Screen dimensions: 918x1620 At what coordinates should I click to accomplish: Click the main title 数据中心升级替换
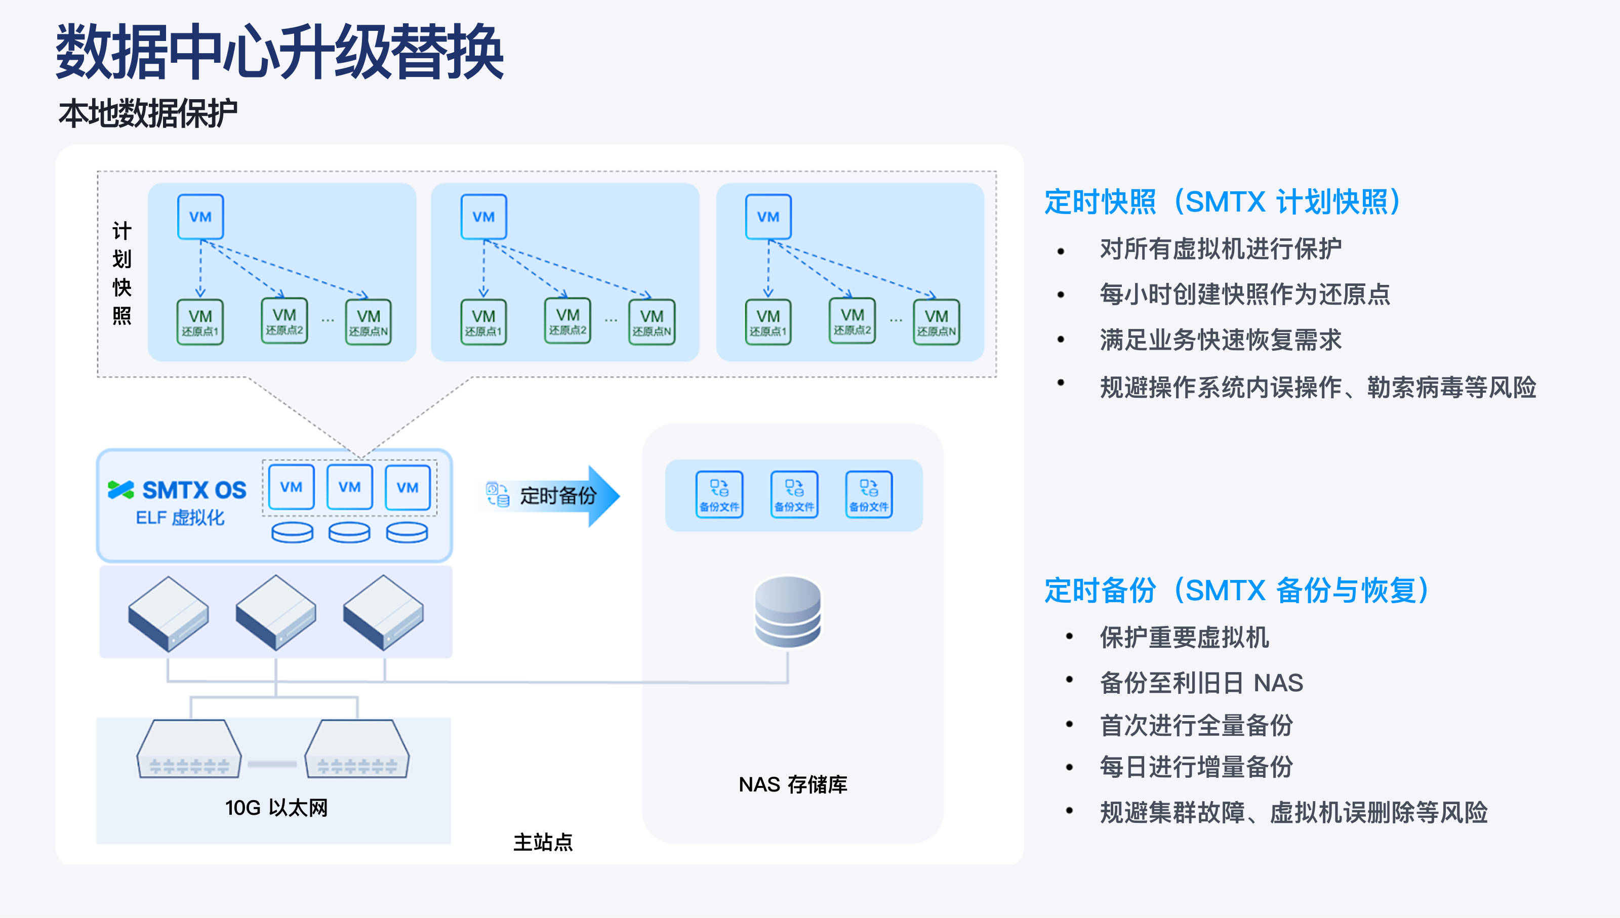tap(279, 52)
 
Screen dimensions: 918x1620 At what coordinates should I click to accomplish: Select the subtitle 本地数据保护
tap(147, 113)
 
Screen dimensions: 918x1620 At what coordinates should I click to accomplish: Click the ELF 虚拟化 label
tap(180, 518)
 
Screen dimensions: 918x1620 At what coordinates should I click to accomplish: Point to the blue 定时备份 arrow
tap(555, 495)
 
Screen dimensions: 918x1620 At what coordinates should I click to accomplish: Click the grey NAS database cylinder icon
tap(788, 612)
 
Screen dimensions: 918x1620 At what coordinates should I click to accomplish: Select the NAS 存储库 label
tap(793, 784)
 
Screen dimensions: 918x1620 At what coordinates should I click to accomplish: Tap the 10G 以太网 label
tap(276, 808)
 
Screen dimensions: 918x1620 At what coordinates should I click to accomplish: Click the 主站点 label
tap(542, 842)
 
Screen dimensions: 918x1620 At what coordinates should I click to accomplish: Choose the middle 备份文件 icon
tap(794, 495)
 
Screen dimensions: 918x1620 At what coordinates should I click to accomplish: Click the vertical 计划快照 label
tap(121, 272)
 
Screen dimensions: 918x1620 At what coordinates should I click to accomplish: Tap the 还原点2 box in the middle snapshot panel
tap(568, 321)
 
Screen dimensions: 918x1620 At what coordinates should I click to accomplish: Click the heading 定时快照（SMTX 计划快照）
tap(1222, 202)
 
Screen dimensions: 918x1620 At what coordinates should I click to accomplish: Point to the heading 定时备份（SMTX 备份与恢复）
tap(1236, 591)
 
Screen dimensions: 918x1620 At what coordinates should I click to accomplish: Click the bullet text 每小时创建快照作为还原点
tap(1244, 295)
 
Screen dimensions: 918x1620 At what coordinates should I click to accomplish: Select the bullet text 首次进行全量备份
tap(1196, 725)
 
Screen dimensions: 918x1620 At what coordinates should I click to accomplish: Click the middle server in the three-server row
tap(275, 612)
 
